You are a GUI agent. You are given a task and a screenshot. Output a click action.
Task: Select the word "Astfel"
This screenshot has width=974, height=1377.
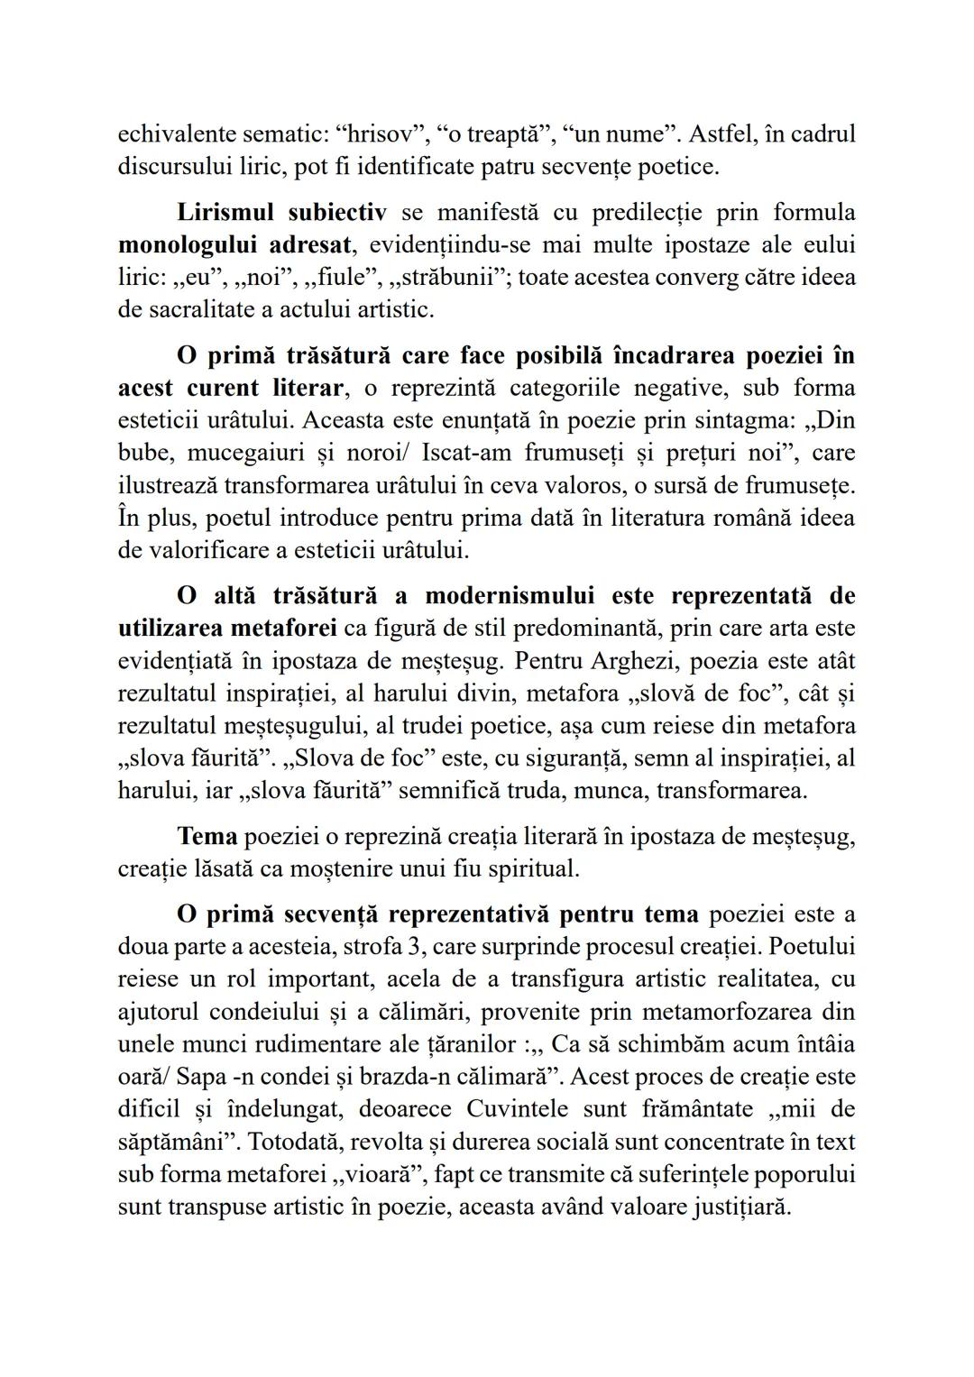[x=722, y=134]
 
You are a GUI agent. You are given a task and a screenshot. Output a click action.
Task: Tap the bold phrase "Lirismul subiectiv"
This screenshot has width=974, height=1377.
[x=281, y=212]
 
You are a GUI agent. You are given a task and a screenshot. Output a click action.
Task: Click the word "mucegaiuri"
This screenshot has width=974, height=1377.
[x=247, y=453]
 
